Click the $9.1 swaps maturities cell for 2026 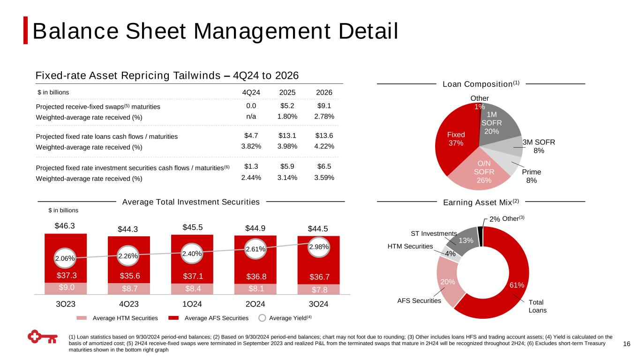tap(324, 106)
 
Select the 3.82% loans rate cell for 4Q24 tap(251, 146)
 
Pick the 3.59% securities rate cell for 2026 tap(324, 178)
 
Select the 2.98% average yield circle tap(319, 247)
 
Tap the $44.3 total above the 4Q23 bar tap(129, 229)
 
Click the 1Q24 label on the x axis tap(192, 304)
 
